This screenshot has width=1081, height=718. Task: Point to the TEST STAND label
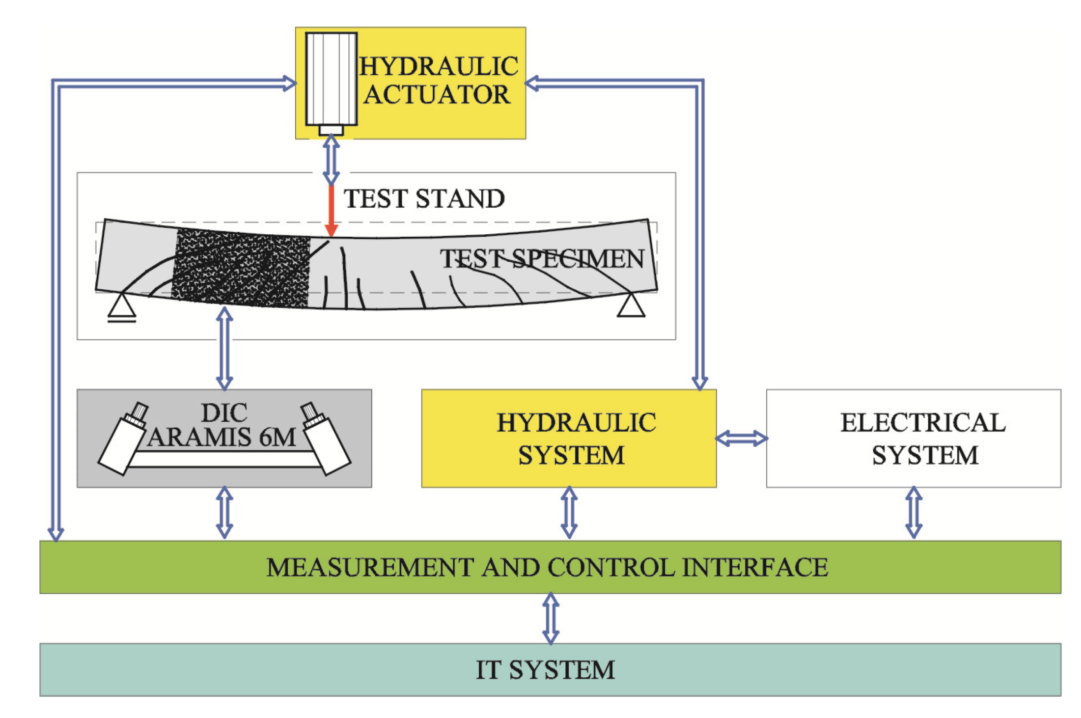click(424, 199)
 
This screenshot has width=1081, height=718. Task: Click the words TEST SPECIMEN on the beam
click(542, 259)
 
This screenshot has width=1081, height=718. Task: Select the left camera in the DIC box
click(123, 440)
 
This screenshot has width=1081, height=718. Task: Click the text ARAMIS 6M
click(222, 437)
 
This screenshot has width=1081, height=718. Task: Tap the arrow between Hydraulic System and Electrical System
click(741, 438)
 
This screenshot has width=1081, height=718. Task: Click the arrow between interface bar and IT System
click(551, 618)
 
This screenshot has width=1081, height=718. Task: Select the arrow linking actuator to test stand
click(331, 160)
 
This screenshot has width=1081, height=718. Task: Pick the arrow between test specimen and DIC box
click(224, 349)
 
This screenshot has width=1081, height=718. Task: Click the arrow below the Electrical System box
click(914, 512)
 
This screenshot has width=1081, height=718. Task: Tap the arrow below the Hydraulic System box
click(569, 512)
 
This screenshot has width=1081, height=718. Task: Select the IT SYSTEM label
click(545, 670)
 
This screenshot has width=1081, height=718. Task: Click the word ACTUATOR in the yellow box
click(437, 95)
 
